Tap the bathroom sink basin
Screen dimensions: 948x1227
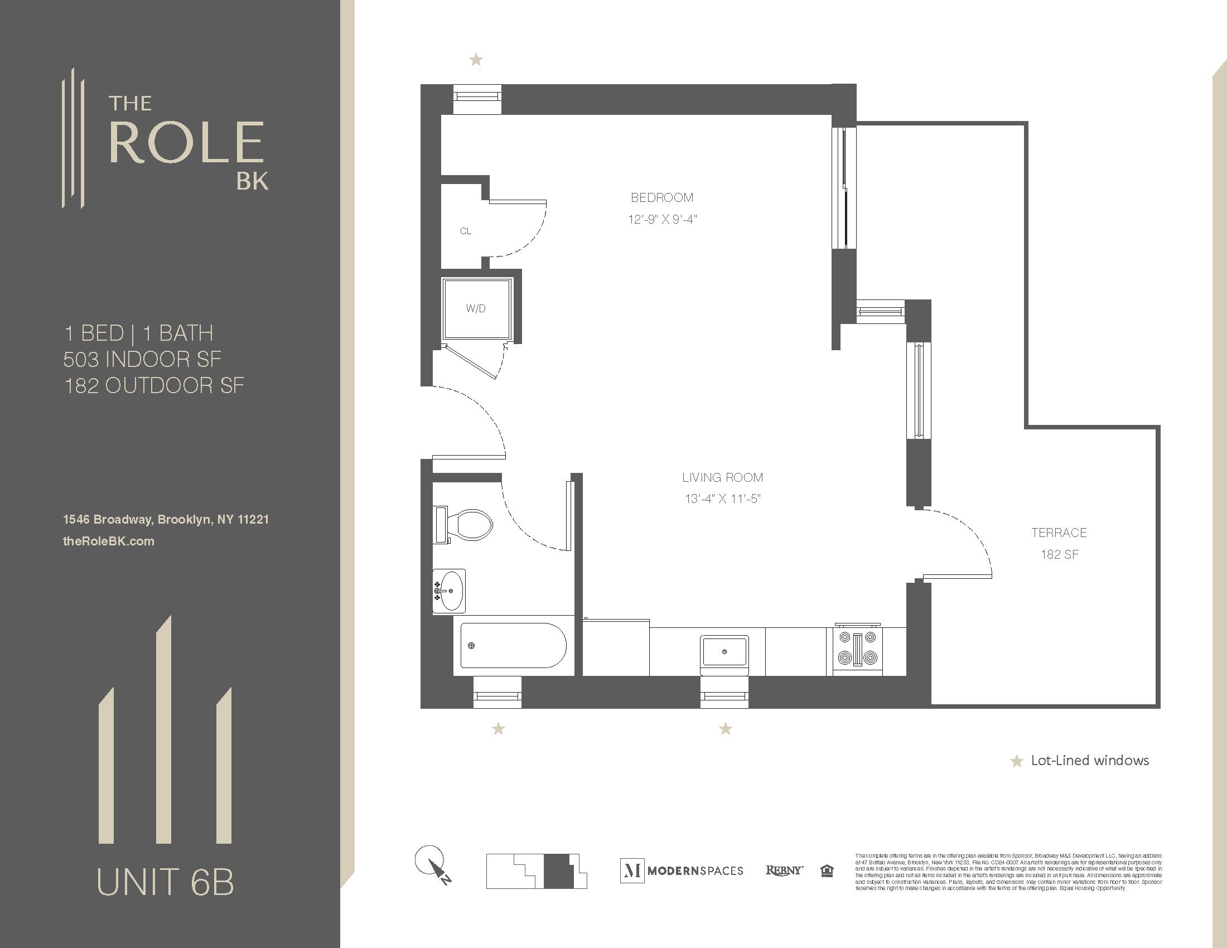[x=451, y=591]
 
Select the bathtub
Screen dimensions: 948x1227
[x=513, y=645]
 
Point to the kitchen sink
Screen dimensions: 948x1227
[x=724, y=651]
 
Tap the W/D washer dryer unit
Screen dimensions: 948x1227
[x=476, y=308]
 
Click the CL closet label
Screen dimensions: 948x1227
[x=465, y=231]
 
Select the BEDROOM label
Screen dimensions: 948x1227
[x=662, y=198]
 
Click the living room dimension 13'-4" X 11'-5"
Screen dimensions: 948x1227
[x=722, y=499]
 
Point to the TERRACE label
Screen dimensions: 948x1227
[x=1059, y=533]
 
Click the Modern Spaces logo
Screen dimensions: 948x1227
[x=682, y=870]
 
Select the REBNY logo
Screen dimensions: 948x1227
[x=784, y=870]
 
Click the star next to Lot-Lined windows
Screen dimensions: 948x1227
[x=1016, y=762]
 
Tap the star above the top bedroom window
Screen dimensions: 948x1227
[x=476, y=59]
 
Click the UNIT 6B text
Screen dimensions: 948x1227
[x=165, y=882]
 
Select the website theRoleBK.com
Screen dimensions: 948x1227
[x=108, y=541]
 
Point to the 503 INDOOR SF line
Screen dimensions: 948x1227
[x=142, y=360]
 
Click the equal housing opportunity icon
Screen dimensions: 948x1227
[x=827, y=870]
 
